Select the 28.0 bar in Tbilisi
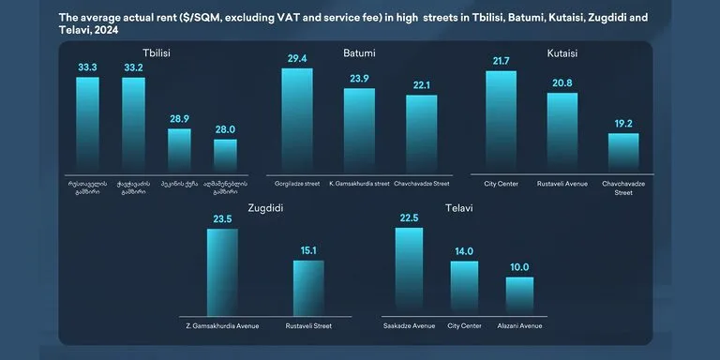click(x=225, y=154)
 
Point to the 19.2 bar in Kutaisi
click(x=623, y=151)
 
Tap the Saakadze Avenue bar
click(x=409, y=271)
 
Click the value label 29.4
click(x=297, y=58)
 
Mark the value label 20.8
click(x=562, y=83)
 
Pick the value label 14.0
click(x=464, y=251)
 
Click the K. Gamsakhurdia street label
click(x=359, y=184)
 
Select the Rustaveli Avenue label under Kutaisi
click(x=562, y=184)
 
